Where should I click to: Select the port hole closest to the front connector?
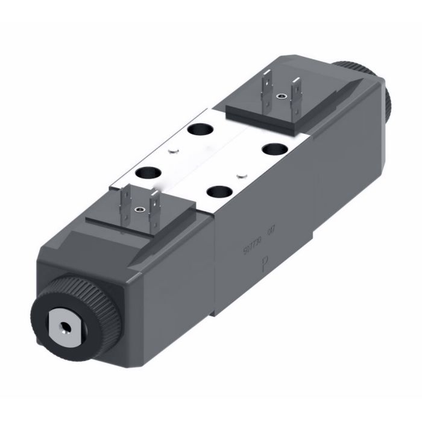coord(145,172)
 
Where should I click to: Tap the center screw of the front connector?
coord(140,209)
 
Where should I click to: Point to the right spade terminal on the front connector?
coord(153,203)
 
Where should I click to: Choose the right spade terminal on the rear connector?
coord(295,91)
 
